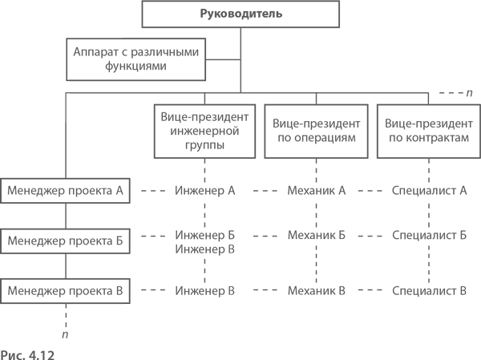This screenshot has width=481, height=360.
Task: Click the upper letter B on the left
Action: click(x=232, y=249)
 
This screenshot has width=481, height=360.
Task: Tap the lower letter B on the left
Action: click(x=232, y=290)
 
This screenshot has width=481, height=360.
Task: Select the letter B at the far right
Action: click(x=463, y=290)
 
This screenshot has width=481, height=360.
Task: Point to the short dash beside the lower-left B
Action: click(x=254, y=290)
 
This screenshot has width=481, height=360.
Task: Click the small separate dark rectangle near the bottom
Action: click(x=359, y=269)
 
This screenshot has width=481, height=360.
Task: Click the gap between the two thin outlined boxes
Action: click(x=70, y=87)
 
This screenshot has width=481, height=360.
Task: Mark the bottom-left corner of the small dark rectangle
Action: click(x=257, y=293)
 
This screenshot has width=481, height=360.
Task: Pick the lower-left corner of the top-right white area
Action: click(x=370, y=88)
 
